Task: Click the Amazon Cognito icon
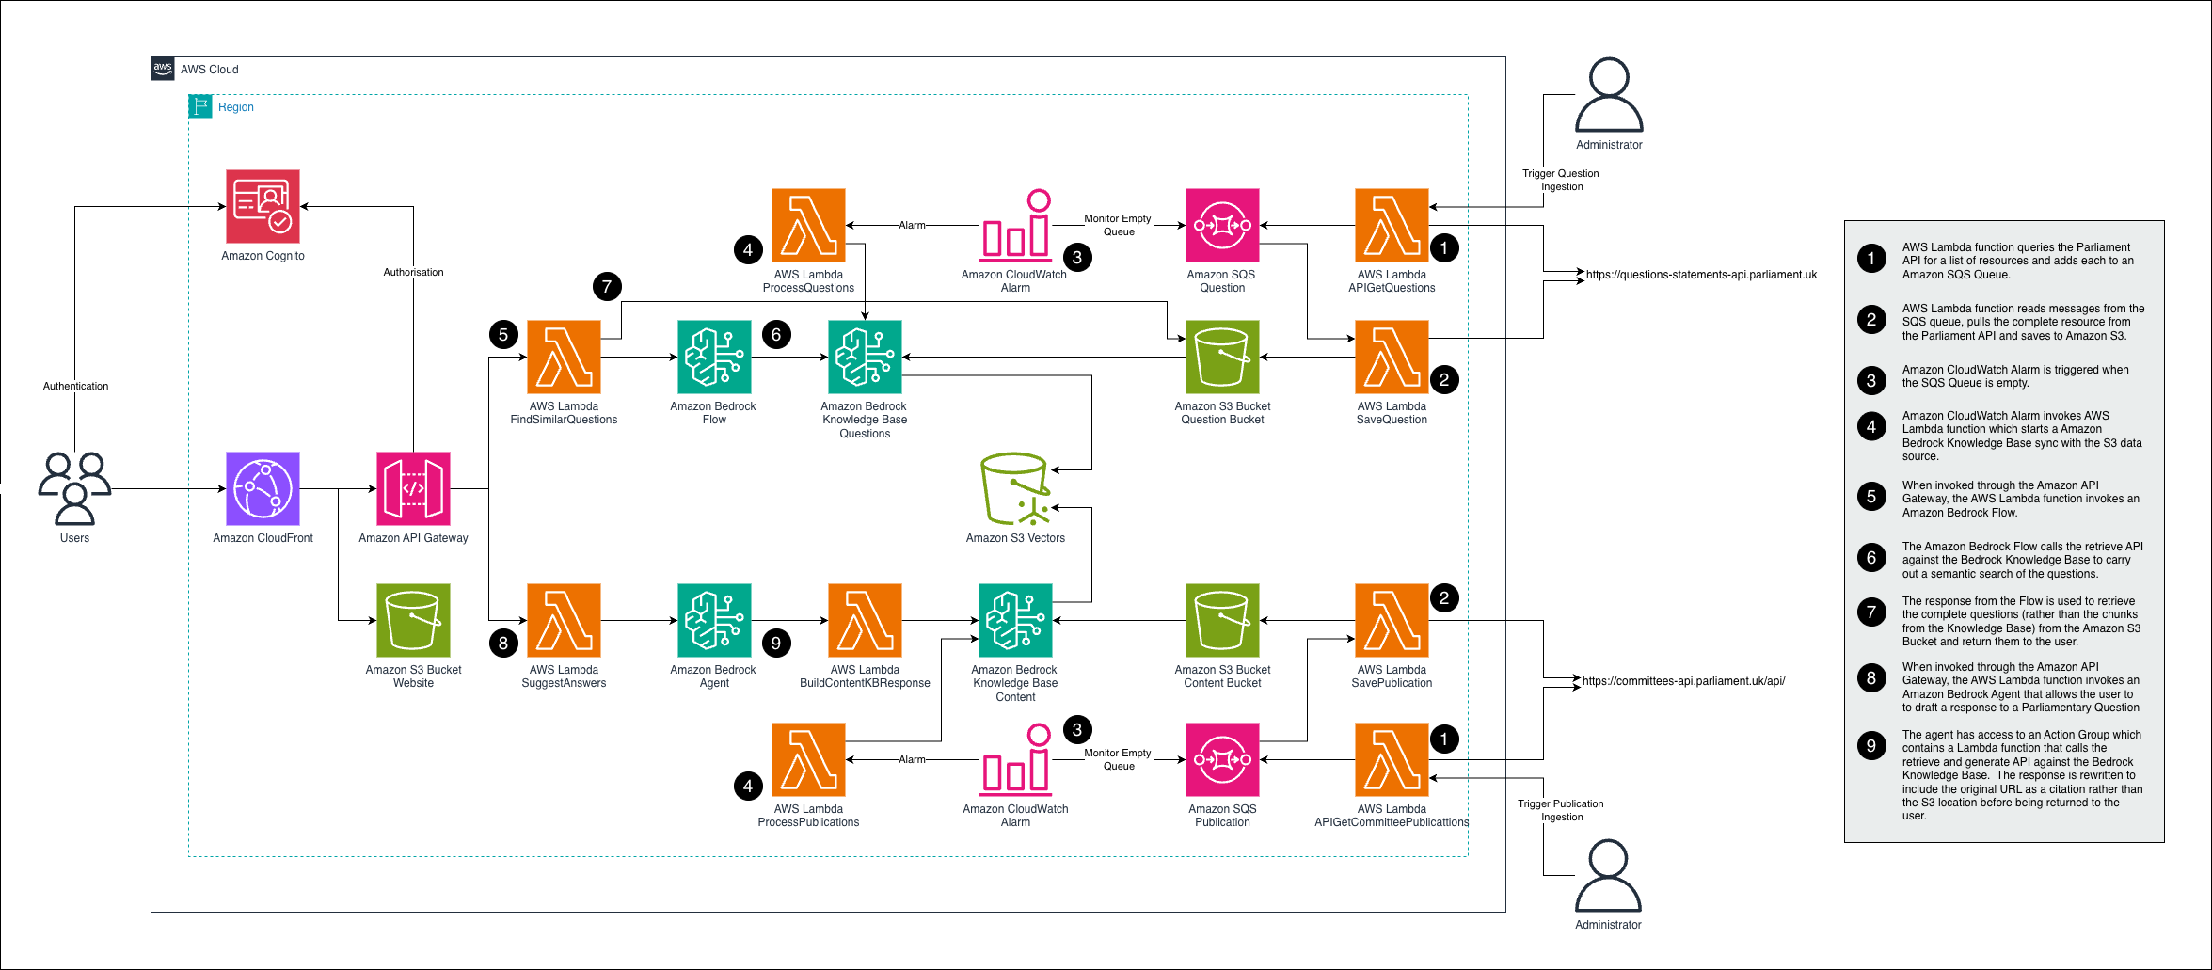click(x=263, y=206)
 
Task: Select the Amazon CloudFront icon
click(x=263, y=488)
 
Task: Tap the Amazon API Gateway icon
click(x=413, y=488)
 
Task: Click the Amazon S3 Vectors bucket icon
click(x=1015, y=489)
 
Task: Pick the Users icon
click(x=74, y=488)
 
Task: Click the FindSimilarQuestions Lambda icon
click(x=564, y=357)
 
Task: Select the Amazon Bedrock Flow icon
click(x=714, y=357)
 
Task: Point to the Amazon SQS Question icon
click(x=1222, y=225)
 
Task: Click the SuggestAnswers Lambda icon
click(x=564, y=620)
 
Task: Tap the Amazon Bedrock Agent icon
click(x=714, y=620)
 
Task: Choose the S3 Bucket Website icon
click(x=413, y=620)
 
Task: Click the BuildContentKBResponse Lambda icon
click(x=865, y=620)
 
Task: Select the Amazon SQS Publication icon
click(x=1222, y=759)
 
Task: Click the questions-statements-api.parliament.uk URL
click(x=1701, y=275)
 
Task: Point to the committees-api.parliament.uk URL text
click(x=1683, y=681)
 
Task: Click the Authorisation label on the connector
click(x=413, y=272)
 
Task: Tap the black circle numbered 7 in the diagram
click(x=607, y=286)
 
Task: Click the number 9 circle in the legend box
click(x=1871, y=746)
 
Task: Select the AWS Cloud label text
click(x=209, y=70)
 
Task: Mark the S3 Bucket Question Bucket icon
click(x=1222, y=357)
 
